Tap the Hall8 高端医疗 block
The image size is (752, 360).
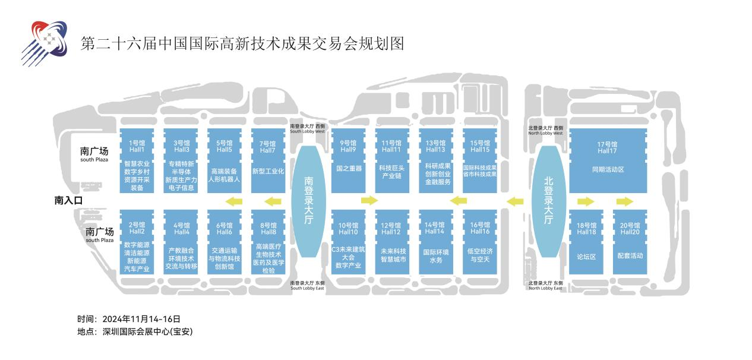[x=268, y=242]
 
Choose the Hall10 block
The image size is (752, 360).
[x=348, y=242]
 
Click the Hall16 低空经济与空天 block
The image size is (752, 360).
[x=479, y=242]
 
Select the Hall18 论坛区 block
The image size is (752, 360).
[x=586, y=242]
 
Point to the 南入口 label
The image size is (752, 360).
[x=68, y=201]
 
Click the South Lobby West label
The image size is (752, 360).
[x=308, y=129]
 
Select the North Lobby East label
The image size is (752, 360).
[x=545, y=286]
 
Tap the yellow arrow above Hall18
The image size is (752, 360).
[x=586, y=201]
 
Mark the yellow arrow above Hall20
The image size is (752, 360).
[x=625, y=201]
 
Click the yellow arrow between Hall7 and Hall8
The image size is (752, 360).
[x=273, y=201]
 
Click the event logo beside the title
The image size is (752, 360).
[x=44, y=42]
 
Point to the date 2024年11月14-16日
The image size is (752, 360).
[x=141, y=319]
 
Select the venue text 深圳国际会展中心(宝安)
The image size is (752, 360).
[x=147, y=332]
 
